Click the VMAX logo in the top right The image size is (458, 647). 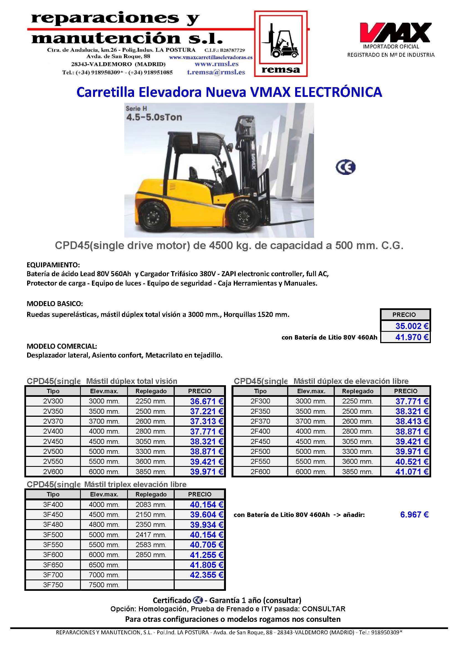(x=395, y=32)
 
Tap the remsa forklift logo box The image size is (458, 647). (x=281, y=44)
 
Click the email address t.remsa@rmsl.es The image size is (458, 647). (x=216, y=72)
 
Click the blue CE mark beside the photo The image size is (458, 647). (x=345, y=167)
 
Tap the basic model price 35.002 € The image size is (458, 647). (x=411, y=326)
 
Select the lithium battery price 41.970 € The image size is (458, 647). (x=411, y=337)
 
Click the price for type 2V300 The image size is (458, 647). (x=206, y=401)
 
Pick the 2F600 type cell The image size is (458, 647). (x=260, y=472)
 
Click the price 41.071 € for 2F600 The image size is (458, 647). (x=411, y=472)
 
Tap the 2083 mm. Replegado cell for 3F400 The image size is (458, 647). (x=151, y=505)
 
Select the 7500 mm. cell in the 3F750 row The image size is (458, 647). (x=104, y=585)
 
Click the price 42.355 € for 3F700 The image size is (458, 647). (x=206, y=575)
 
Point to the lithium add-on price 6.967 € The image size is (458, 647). (x=414, y=515)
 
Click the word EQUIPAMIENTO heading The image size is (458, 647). (x=53, y=265)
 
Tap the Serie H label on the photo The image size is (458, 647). (x=136, y=108)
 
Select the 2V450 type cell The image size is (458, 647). (x=53, y=442)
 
